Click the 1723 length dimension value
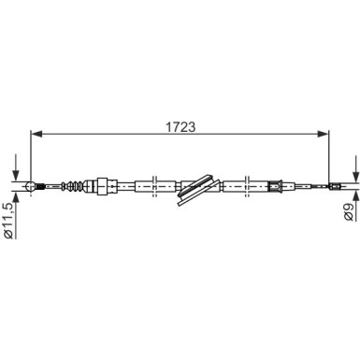[180, 127]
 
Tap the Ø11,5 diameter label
[8, 220]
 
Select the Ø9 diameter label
[349, 211]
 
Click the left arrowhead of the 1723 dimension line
[36, 134]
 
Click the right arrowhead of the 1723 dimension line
[323, 134]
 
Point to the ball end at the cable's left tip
[31, 186]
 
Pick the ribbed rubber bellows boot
[73, 186]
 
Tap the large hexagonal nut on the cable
[103, 186]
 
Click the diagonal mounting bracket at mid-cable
[198, 190]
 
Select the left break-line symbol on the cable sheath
[154, 186]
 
